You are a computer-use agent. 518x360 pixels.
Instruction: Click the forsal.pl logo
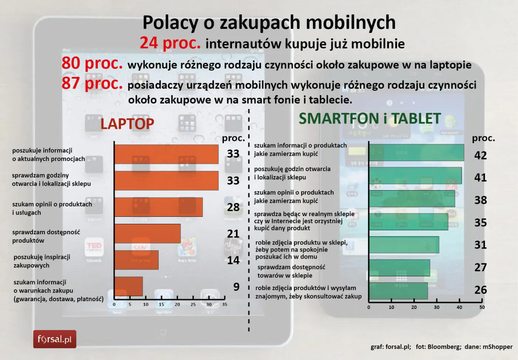[x=55, y=339]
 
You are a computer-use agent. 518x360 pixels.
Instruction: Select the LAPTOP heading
[x=127, y=124]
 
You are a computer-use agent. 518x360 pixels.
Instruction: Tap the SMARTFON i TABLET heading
[x=370, y=119]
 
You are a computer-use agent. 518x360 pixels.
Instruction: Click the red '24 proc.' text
[x=170, y=43]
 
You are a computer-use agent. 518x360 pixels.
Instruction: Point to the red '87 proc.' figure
[x=92, y=84]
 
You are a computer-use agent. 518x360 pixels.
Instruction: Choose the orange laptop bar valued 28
[x=158, y=207]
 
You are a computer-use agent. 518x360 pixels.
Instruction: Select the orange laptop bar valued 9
[x=128, y=286]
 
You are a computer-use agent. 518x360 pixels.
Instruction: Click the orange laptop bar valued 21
[x=148, y=233]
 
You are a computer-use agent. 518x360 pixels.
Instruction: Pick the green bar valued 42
[x=416, y=153]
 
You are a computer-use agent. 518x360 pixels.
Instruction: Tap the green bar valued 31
[x=404, y=245]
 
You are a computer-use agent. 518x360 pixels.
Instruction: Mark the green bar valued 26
[x=398, y=291]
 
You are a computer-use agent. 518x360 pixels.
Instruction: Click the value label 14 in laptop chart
[x=233, y=260]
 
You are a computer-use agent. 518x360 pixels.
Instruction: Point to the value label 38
[x=480, y=200]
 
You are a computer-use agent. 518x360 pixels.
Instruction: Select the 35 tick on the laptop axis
[x=225, y=305]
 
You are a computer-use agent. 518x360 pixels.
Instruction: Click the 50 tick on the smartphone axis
[x=482, y=307]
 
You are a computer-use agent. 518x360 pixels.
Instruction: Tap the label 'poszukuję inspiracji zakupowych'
[x=42, y=261]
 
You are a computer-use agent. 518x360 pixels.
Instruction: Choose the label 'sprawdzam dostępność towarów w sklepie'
[x=291, y=271]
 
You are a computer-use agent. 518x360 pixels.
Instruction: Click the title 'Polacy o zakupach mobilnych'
[x=269, y=23]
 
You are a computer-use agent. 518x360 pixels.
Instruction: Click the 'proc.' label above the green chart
[x=483, y=138]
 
